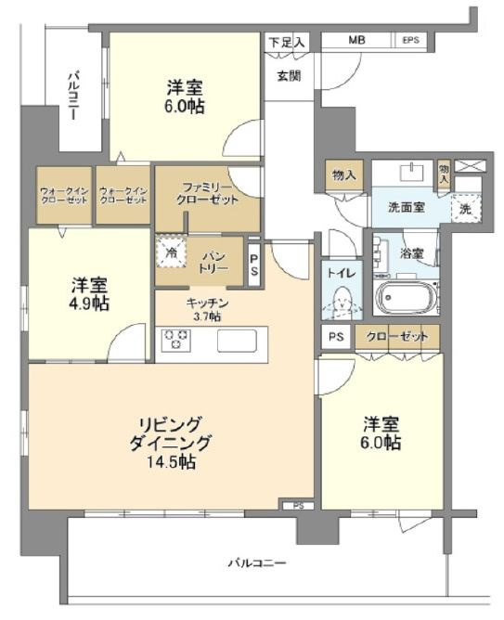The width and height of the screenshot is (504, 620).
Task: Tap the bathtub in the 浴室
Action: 407,297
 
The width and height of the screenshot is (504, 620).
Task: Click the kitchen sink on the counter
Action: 237,340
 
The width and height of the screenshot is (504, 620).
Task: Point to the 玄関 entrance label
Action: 289,75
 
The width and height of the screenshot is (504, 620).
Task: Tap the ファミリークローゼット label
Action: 207,192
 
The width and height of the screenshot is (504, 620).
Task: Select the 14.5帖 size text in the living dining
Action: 171,462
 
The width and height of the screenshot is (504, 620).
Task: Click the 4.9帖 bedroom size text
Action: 90,304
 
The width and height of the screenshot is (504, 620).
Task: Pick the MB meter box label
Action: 356,40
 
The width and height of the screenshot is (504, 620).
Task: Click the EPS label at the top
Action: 410,40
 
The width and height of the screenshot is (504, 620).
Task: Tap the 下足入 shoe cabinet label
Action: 288,42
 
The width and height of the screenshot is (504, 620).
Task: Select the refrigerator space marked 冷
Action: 171,252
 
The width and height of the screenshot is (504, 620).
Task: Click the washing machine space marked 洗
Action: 465,209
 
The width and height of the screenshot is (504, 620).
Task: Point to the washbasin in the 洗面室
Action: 412,172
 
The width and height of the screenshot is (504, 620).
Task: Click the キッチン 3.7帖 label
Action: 207,310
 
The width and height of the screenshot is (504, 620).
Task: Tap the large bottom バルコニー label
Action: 256,562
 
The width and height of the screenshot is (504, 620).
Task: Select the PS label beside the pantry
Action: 253,265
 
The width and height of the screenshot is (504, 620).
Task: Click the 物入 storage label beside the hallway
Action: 344,174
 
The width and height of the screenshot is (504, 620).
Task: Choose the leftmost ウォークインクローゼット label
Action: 64,195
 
